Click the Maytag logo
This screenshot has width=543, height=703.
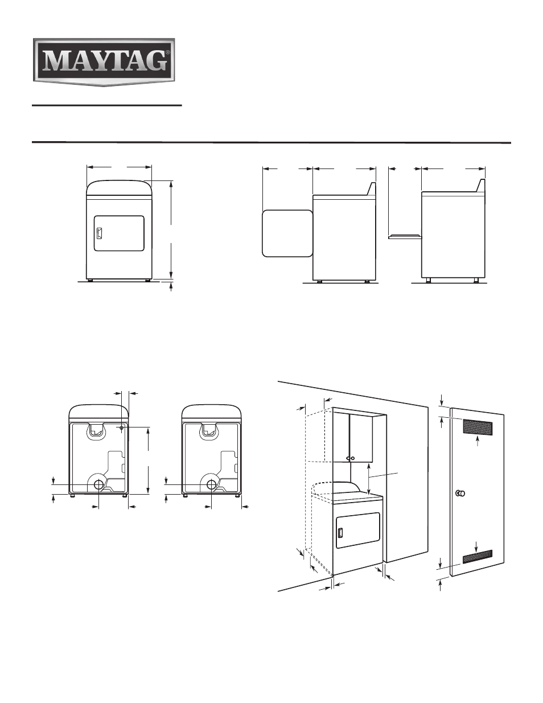point(104,62)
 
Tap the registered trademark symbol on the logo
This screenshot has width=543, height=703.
point(167,52)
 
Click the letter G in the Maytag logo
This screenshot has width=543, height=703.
point(155,61)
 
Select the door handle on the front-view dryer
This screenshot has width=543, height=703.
point(99,233)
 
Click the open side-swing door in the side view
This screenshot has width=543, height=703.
point(287,233)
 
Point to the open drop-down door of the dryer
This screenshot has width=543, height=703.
point(405,236)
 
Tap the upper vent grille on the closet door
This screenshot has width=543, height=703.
point(478,427)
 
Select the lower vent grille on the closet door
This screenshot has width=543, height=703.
point(478,557)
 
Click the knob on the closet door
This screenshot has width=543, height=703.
point(460,494)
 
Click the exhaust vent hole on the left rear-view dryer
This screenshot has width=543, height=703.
point(98,484)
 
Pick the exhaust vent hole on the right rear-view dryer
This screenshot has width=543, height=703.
point(211,484)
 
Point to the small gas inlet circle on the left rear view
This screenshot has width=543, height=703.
point(121,427)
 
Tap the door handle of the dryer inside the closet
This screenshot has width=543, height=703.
point(340,533)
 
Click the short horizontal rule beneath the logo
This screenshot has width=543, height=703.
point(107,105)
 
